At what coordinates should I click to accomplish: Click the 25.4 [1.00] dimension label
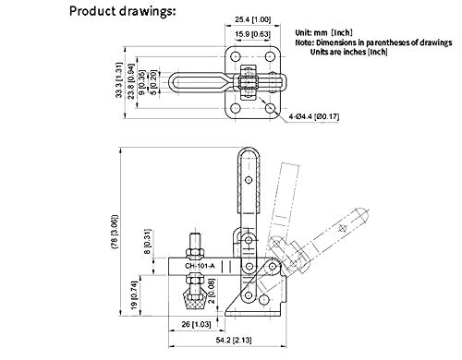(253, 19)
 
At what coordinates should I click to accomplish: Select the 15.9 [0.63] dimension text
(252, 34)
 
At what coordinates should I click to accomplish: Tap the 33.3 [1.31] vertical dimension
(119, 80)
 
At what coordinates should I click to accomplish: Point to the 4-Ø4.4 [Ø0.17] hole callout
(314, 116)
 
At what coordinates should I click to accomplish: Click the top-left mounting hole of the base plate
(236, 57)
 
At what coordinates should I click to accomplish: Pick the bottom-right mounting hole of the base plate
(271, 108)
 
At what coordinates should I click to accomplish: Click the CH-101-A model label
(200, 266)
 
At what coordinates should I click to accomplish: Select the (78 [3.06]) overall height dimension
(115, 232)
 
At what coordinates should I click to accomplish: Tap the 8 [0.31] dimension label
(148, 242)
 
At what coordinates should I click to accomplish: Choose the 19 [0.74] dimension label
(134, 295)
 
